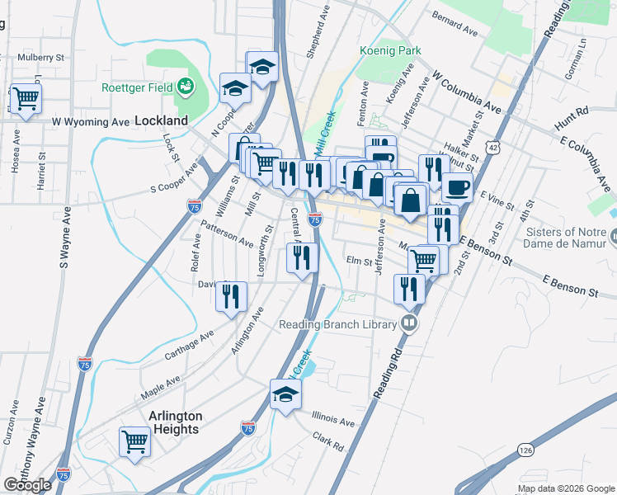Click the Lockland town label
click(x=161, y=120)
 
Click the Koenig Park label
click(x=390, y=50)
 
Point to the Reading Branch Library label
click(x=337, y=324)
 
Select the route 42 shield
click(x=492, y=147)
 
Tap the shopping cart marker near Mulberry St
click(x=26, y=100)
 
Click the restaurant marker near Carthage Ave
click(x=231, y=295)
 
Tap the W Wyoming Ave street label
click(x=91, y=122)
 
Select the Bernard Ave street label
click(x=455, y=26)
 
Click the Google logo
click(x=27, y=485)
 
